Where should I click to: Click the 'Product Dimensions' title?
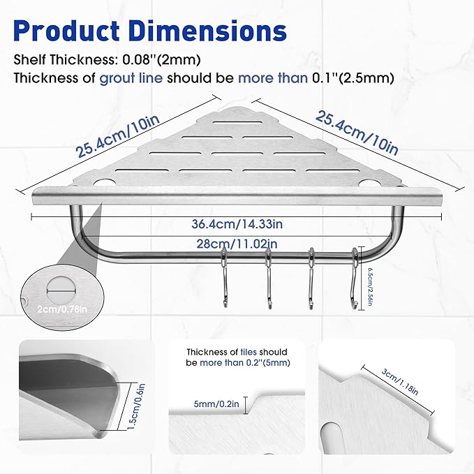point(150,31)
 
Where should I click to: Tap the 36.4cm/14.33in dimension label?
point(237,224)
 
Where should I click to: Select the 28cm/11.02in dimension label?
point(237,244)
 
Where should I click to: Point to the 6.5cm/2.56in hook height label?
point(369,287)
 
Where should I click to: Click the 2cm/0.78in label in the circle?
point(62,309)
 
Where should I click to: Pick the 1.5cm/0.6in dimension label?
point(136,406)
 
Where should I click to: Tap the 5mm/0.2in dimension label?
point(216,403)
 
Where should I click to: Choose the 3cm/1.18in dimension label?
point(399,382)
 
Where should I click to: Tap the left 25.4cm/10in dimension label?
point(118,136)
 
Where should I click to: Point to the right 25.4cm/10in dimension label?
point(357,133)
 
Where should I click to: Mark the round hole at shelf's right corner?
point(370,183)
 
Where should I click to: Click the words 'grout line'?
point(131,78)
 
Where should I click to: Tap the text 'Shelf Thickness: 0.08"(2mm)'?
point(107,59)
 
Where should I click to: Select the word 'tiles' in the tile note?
point(249,352)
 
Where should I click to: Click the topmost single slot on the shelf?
point(237,123)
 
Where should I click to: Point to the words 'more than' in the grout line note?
point(273,78)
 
